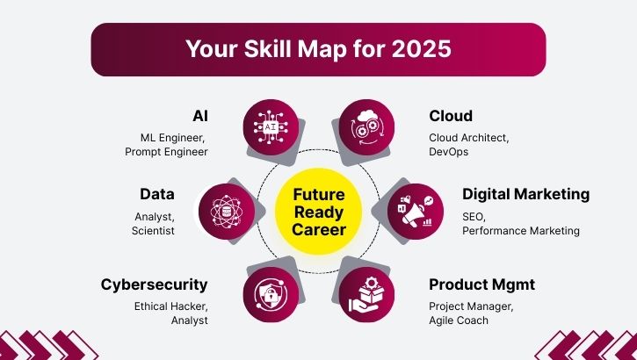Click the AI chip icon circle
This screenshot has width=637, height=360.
click(x=271, y=127)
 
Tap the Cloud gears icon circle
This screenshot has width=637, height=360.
click(x=366, y=127)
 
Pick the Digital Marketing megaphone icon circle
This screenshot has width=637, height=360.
click(x=414, y=211)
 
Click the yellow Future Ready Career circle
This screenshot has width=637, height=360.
click(x=319, y=212)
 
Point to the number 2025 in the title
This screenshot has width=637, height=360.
click(x=423, y=49)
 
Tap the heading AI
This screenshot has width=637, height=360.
click(x=200, y=117)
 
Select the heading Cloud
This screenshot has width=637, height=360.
click(x=451, y=117)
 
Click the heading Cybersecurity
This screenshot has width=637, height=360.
click(x=155, y=284)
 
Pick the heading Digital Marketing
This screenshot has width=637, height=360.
click(x=525, y=194)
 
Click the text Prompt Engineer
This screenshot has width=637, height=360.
click(x=167, y=152)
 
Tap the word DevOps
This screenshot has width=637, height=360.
click(x=448, y=152)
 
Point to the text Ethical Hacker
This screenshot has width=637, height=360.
click(x=170, y=306)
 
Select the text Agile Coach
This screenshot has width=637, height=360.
click(x=460, y=320)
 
